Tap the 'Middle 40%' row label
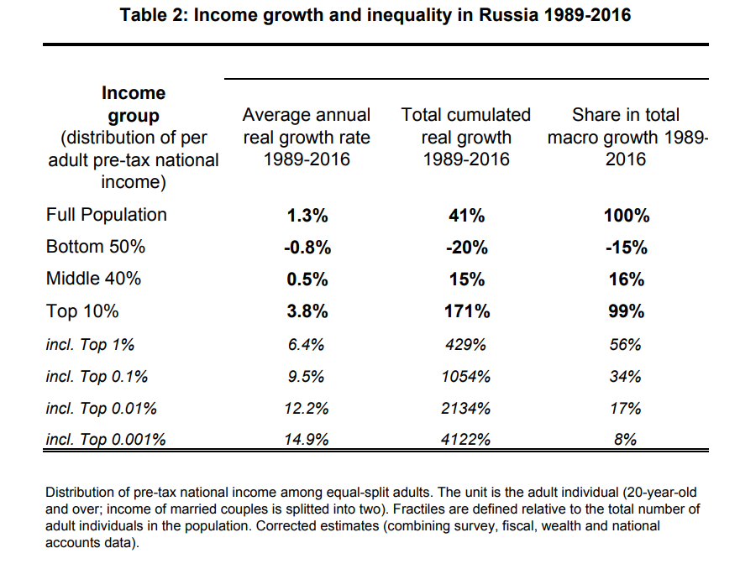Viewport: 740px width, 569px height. (x=93, y=279)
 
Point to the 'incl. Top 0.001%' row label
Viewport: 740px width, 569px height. (x=106, y=438)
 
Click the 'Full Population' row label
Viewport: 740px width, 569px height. (x=106, y=215)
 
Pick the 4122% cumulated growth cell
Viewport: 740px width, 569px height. (x=466, y=438)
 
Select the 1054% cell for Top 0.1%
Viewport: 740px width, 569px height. (x=466, y=376)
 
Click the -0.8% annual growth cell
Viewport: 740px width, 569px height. (x=307, y=248)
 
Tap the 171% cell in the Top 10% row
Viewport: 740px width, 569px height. (x=466, y=311)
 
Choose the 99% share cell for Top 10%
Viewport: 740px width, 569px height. (x=626, y=311)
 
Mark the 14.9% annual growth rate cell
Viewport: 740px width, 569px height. (x=307, y=438)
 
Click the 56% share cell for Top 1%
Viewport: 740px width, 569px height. (x=626, y=344)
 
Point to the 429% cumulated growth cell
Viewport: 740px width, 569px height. (x=466, y=344)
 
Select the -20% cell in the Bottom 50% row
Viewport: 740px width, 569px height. (x=466, y=248)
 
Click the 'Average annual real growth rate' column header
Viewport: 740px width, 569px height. (x=307, y=137)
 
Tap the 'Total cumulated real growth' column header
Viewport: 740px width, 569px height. (x=466, y=137)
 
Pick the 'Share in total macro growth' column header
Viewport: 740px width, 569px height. (x=626, y=137)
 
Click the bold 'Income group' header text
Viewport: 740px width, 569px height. (x=134, y=104)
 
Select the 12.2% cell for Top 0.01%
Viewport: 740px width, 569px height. (x=307, y=408)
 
